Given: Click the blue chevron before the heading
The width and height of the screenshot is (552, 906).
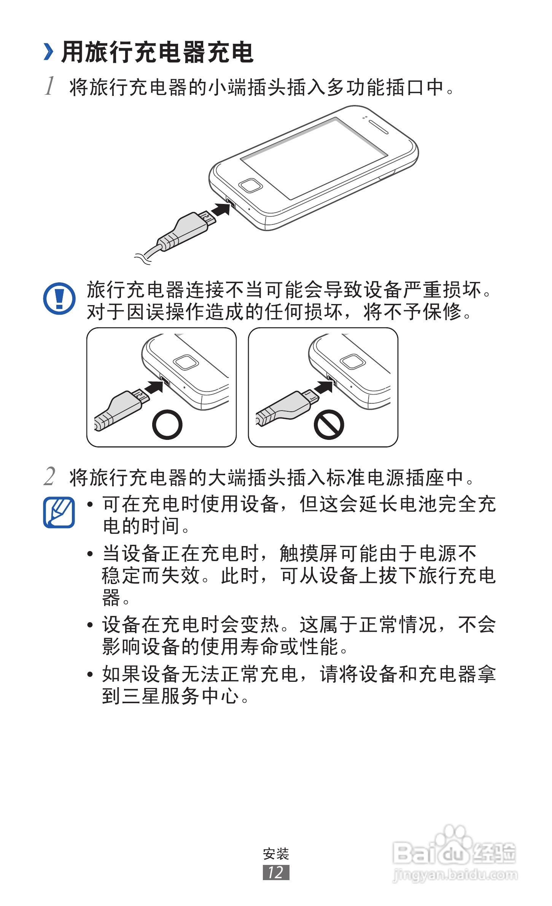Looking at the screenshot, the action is [x=48, y=52].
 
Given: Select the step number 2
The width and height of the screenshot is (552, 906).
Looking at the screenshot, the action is [x=49, y=476].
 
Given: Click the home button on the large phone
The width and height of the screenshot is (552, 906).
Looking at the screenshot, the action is [x=250, y=185].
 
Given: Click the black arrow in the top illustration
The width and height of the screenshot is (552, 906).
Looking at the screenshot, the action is [x=221, y=209].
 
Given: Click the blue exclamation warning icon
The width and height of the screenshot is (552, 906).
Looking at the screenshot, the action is [x=59, y=298].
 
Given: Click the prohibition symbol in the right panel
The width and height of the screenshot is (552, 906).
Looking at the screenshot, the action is [x=329, y=424].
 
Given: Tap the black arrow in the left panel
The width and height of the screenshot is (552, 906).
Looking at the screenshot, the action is [x=154, y=387].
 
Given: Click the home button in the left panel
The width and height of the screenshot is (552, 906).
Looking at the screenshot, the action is [x=186, y=362].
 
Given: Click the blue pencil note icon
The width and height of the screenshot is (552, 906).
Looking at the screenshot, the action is [x=59, y=512].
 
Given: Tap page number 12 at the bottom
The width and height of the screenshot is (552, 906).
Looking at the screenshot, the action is [x=276, y=873].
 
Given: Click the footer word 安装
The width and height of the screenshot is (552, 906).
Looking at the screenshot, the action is [x=276, y=854].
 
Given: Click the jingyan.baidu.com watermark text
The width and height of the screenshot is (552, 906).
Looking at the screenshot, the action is [x=455, y=875].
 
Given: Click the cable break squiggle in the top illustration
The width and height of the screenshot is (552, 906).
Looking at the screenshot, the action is [x=143, y=258].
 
